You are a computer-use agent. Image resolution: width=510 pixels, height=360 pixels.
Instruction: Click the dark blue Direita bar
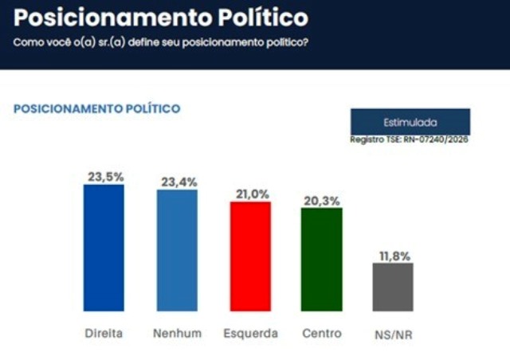point(104,248)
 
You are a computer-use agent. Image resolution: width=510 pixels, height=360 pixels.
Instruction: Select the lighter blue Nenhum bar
point(177,250)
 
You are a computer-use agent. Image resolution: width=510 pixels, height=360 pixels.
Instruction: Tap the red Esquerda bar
point(250,256)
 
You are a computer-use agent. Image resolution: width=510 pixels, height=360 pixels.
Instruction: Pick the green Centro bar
point(321,259)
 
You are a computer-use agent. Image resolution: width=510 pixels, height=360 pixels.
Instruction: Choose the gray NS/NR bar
point(393,287)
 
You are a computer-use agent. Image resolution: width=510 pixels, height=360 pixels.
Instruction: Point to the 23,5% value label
point(104,177)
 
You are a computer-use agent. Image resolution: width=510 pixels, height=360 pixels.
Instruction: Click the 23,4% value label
point(177,182)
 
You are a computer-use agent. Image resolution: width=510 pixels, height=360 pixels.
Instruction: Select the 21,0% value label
point(250,194)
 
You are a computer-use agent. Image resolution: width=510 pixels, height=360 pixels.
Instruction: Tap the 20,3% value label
point(321,200)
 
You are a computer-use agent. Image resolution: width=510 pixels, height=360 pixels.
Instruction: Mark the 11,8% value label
point(393,256)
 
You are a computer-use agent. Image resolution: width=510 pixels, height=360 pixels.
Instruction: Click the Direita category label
point(104,333)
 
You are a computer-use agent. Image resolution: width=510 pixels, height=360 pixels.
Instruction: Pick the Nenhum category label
point(177,333)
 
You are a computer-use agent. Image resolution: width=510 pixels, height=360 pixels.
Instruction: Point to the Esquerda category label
point(250,333)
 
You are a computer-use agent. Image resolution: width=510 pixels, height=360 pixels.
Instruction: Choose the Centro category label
point(321,333)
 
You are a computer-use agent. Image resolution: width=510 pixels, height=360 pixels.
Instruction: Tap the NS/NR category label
point(393,335)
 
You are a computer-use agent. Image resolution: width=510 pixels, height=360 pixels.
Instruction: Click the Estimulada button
point(410,122)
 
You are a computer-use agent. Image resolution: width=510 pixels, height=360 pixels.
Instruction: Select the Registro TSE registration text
point(410,140)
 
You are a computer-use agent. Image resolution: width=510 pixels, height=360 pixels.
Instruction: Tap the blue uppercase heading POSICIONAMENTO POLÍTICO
point(97,108)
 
